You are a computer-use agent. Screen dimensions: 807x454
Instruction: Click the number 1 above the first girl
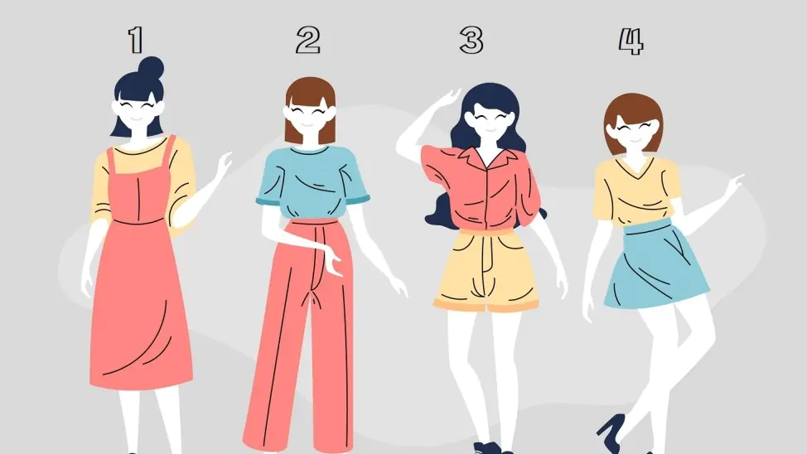136,40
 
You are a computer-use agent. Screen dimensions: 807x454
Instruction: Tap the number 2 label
308,40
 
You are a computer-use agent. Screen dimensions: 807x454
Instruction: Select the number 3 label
471,40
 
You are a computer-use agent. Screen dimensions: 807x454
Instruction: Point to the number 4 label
631,41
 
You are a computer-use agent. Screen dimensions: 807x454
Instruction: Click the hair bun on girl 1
151,67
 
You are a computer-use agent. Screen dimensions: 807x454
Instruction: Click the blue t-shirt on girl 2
312,183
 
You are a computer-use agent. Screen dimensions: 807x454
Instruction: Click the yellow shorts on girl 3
486,270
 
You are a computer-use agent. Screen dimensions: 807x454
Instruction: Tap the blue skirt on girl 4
656,265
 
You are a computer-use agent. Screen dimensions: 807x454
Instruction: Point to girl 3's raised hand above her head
446,99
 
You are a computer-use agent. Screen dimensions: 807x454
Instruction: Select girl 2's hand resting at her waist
332,260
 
